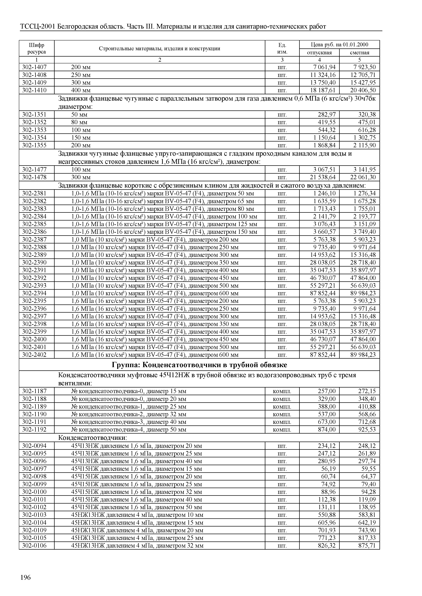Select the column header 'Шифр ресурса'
pyautogui.click(x=36, y=48)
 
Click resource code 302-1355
pyautogui.click(x=34, y=145)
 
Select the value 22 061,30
pyautogui.click(x=363, y=177)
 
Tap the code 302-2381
pyautogui.click(x=34, y=193)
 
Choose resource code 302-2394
pyautogui.click(x=34, y=293)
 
